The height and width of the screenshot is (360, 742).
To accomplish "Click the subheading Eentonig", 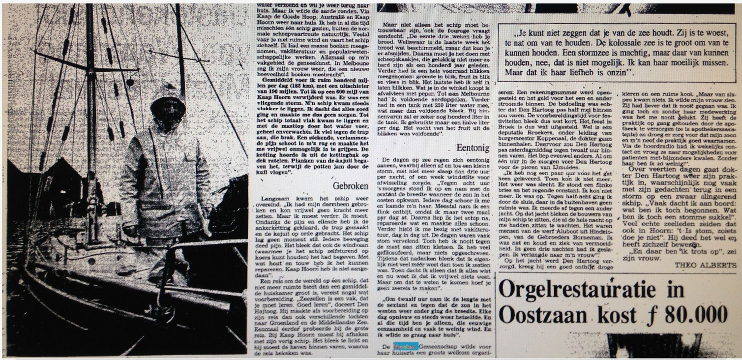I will (474, 147).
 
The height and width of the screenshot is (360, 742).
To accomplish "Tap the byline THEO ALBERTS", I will (706, 265).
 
